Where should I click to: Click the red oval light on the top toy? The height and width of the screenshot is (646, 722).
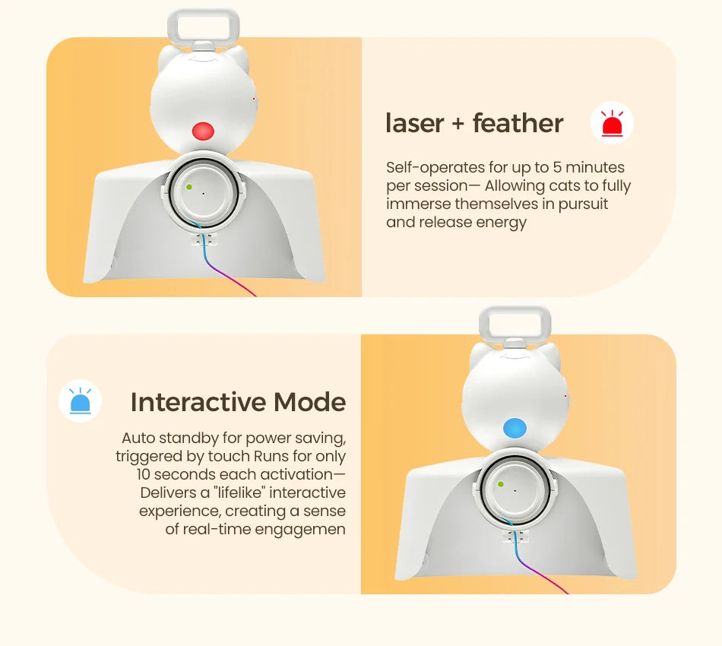tap(203, 131)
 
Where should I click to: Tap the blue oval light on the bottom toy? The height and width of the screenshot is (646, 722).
tap(515, 428)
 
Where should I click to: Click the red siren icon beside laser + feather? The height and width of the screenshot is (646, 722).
tap(612, 123)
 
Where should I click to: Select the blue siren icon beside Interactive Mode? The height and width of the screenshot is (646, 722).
tap(80, 401)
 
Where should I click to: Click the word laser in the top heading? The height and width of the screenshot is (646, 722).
tap(414, 123)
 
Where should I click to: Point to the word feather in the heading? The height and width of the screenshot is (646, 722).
tap(518, 123)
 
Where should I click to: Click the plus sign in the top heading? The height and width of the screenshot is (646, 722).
tap(458, 125)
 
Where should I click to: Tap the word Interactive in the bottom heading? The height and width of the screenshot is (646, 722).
tap(198, 402)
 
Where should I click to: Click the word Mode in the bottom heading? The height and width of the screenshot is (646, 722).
tap(309, 402)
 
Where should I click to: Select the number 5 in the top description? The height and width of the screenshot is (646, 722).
tap(557, 167)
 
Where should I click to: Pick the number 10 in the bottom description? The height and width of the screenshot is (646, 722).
tap(143, 474)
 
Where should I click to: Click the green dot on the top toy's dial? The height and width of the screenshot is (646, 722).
tap(189, 187)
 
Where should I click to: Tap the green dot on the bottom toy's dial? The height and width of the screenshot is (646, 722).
tap(501, 484)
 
